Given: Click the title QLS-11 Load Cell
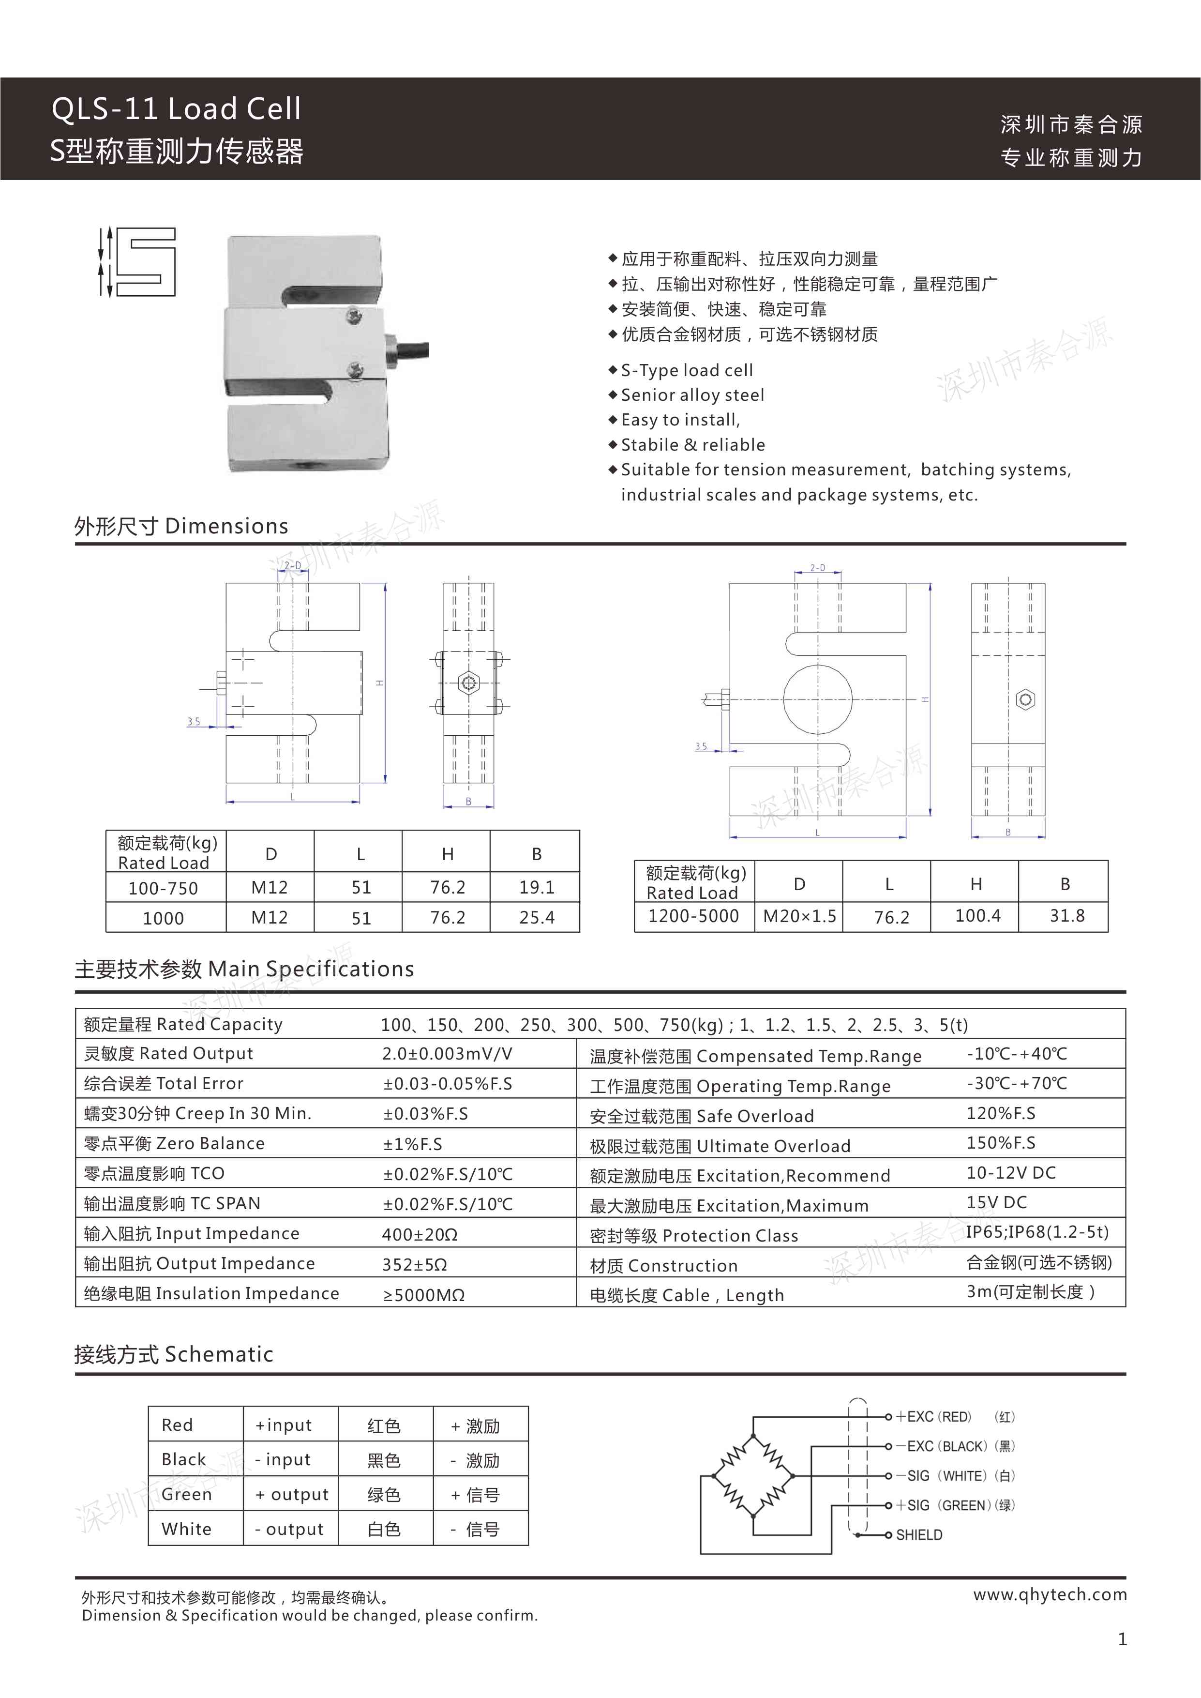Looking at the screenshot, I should point(176,109).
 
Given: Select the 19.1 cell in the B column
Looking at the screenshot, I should point(536,887).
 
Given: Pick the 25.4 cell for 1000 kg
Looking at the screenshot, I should point(536,918).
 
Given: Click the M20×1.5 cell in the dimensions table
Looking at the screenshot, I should point(799,916).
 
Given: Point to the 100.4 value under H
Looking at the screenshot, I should point(977,916).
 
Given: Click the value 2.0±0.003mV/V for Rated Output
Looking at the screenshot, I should point(447,1054).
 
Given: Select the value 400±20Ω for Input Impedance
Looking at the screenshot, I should point(420,1234).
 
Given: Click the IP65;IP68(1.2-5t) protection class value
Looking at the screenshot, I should point(1037,1232).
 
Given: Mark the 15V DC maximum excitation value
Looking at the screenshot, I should point(996,1202).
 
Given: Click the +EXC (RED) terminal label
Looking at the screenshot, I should point(933,1417).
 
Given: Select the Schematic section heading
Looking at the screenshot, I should point(174,1354).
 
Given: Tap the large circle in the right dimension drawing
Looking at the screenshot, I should point(817,699).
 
